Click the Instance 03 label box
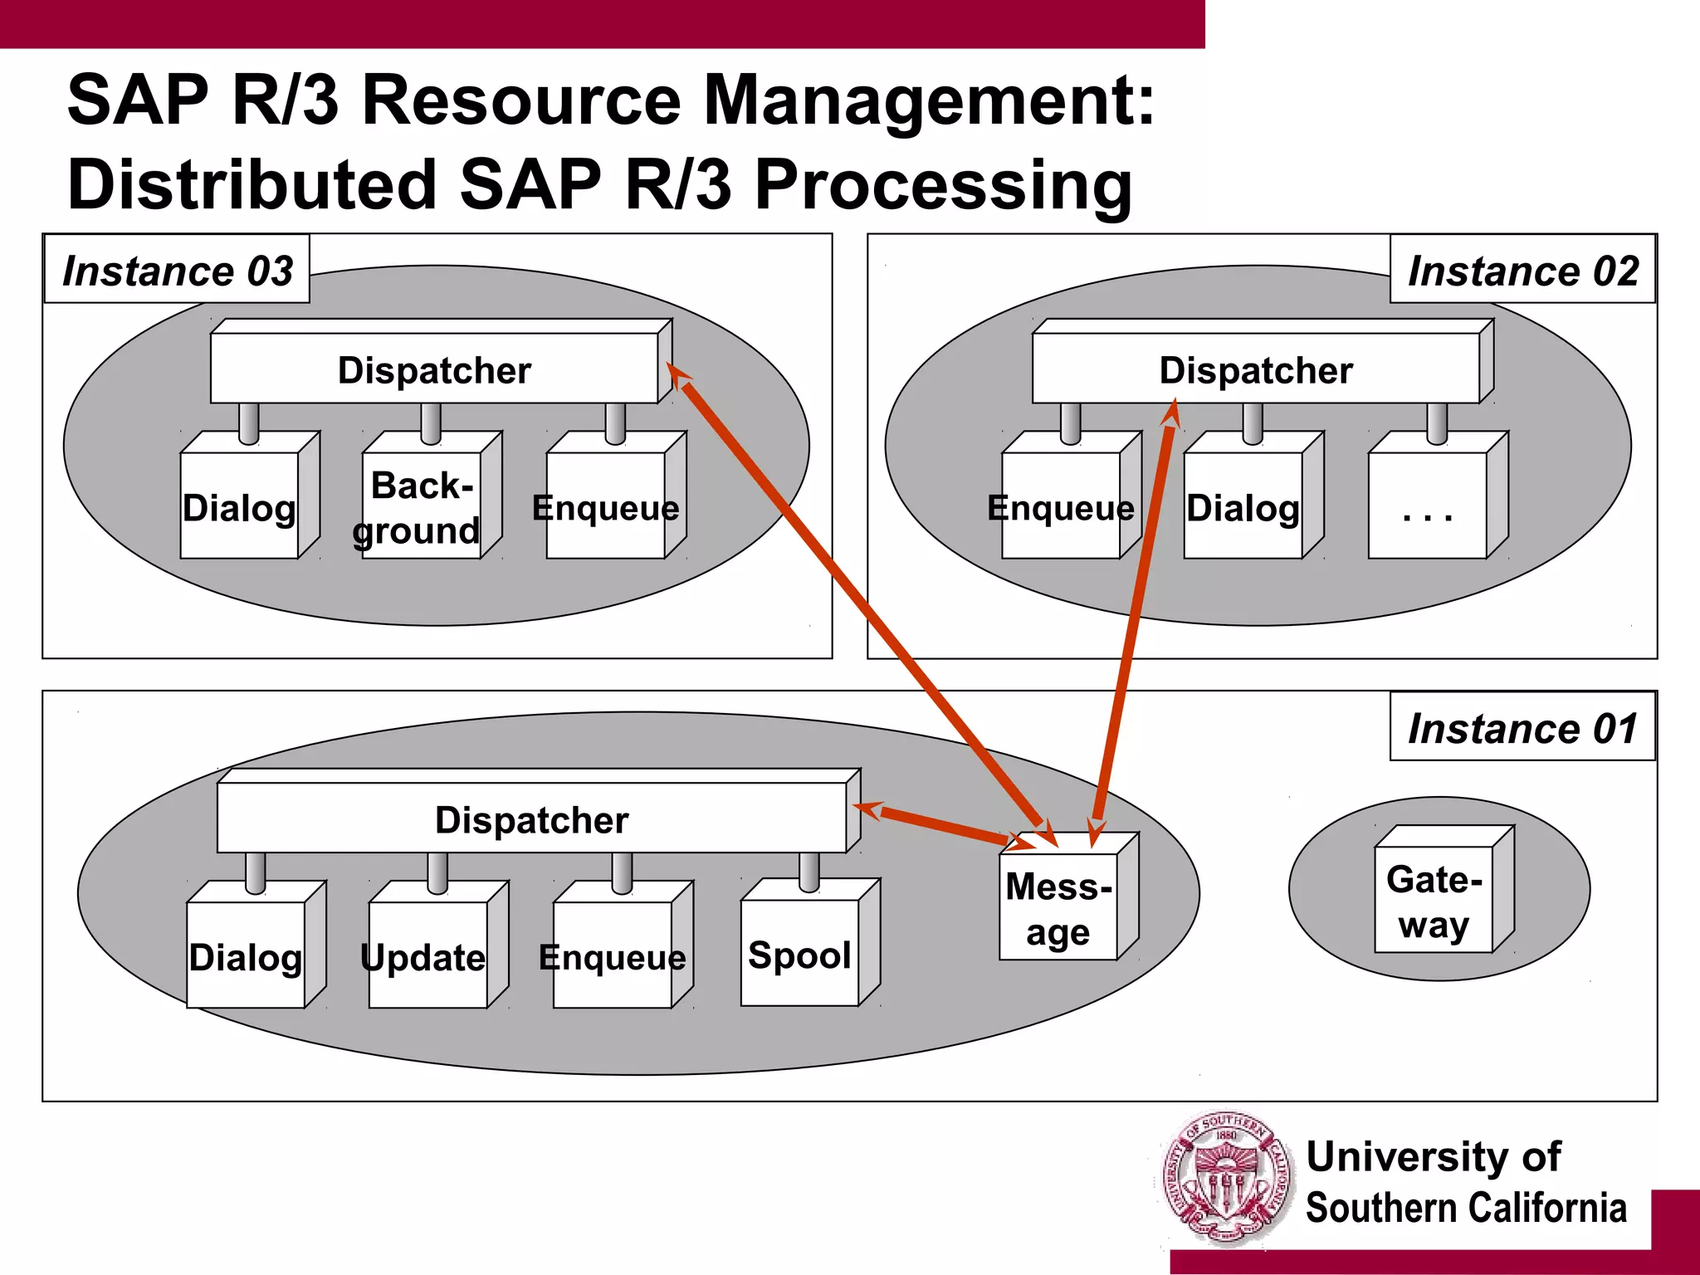pos(177,270)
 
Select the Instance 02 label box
pos(1522,270)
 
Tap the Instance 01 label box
pos(1522,727)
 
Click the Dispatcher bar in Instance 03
pos(434,369)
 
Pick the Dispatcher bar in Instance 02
pos(1255,369)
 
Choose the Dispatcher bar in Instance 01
pos(531,818)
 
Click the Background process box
pos(421,506)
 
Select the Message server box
pos(1058,909)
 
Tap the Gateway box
pos(1434,901)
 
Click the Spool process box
pos(799,955)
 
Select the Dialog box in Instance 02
pos(1243,506)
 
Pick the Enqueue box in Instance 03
pos(605,506)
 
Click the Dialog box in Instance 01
pos(246,957)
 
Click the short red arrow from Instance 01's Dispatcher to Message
pos(942,824)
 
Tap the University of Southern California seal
pos(1226,1180)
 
